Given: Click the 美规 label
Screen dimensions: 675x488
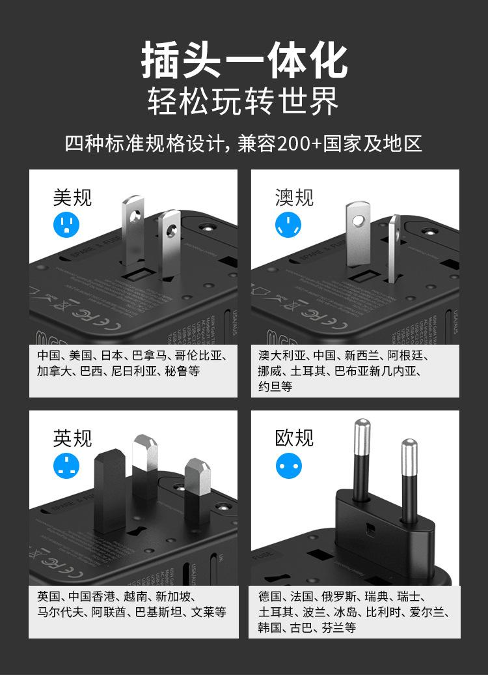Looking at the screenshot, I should tap(72, 197).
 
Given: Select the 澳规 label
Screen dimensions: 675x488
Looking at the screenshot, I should tap(294, 197).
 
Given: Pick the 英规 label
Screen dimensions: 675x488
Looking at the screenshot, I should tap(72, 438).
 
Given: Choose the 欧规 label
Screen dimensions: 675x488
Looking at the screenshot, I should tap(294, 438).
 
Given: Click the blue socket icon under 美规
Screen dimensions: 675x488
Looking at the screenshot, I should tap(65, 225).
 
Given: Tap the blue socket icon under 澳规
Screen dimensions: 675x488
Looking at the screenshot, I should tap(288, 225).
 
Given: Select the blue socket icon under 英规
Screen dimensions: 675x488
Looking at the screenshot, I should tap(65, 466).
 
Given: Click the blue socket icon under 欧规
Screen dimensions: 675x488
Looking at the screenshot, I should tap(288, 466).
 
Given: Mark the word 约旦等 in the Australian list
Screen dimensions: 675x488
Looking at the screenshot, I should tap(275, 387).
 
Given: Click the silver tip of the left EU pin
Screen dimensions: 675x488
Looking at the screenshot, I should tap(361, 430).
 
